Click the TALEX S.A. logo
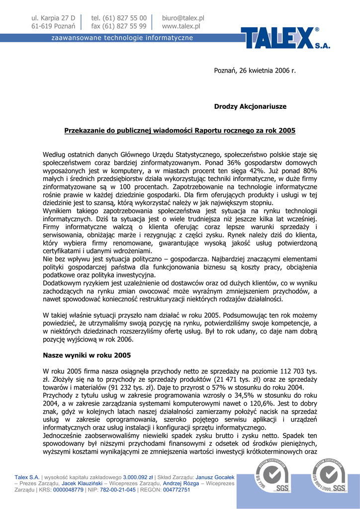[x=285, y=38]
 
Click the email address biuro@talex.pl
[x=183, y=18]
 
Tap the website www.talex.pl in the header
[x=181, y=26]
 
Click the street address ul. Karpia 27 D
[x=53, y=18]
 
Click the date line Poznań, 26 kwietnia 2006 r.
[x=255, y=71]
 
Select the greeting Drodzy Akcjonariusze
[x=250, y=106]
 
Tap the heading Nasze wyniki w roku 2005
[x=87, y=355]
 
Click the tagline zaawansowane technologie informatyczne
[x=122, y=38]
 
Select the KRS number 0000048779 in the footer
[x=68, y=490]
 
